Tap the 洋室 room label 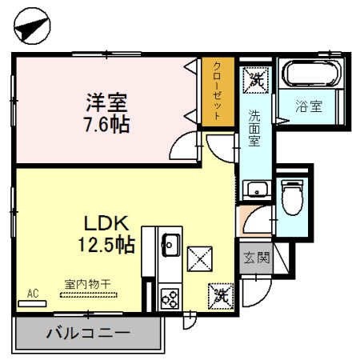tap(107, 104)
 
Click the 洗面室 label tap(254, 127)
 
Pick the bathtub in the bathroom tap(313, 77)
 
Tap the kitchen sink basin tap(170, 242)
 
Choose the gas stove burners tap(170, 298)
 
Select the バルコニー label tap(88, 333)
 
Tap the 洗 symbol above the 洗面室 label tap(256, 79)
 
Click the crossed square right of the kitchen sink tap(198, 258)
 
